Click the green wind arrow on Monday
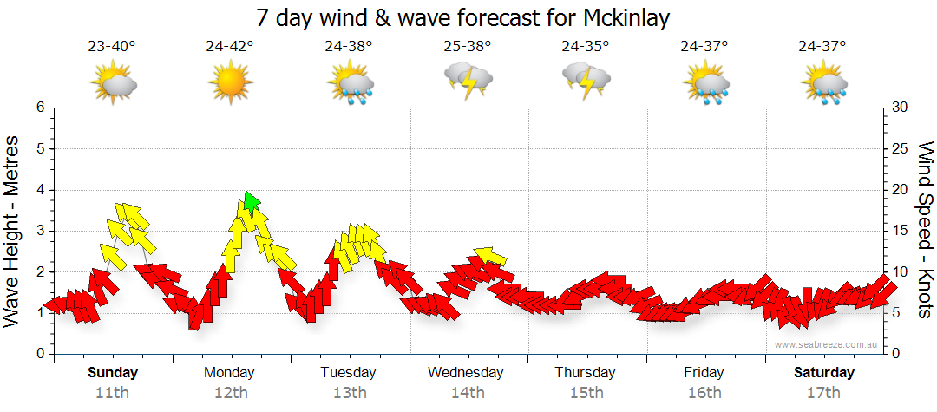251,202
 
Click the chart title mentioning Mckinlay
463,18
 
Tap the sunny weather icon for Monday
230,84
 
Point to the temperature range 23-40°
111,46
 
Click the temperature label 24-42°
230,46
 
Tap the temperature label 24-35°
586,46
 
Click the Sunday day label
112,373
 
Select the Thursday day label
586,373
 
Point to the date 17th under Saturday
823,392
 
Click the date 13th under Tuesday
348,392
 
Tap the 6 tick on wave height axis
40,108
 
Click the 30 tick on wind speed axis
900,108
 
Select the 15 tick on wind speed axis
900,231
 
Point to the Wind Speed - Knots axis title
924,231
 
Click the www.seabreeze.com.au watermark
827,344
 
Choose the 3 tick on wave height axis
40,231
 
